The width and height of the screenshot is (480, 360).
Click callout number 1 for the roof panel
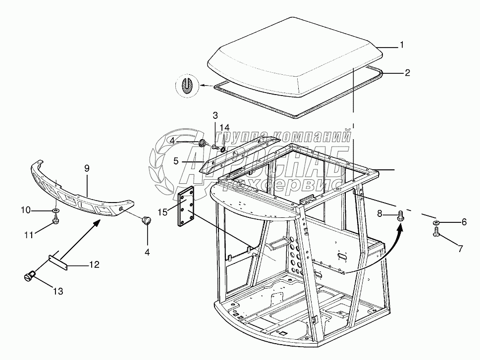(402, 45)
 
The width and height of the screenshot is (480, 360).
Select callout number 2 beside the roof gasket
(407, 73)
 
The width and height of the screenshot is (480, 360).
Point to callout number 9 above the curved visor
(87, 168)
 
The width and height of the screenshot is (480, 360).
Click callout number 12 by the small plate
(94, 265)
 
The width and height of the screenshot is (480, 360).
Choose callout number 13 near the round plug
(58, 292)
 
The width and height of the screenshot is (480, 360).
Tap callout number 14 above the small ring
(225, 127)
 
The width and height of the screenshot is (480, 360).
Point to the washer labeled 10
(56, 212)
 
